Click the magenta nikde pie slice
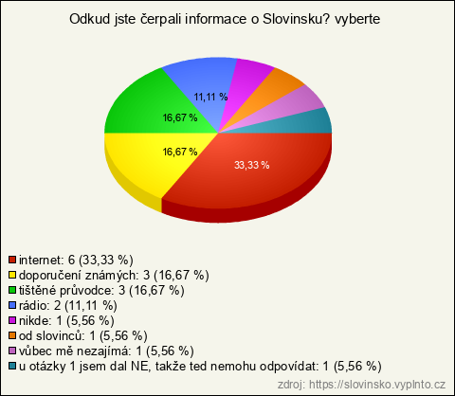click(x=244, y=82)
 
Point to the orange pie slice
click(x=272, y=92)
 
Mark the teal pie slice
click(x=303, y=123)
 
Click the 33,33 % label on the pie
click(x=252, y=165)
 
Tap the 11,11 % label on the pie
click(x=210, y=97)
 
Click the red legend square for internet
click(x=12, y=260)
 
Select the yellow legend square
click(x=12, y=275)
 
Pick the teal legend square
click(x=12, y=366)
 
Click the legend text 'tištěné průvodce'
click(x=65, y=291)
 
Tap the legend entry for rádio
click(x=68, y=306)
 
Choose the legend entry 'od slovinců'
click(x=83, y=336)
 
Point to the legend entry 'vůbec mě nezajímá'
click(x=106, y=351)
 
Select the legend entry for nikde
click(x=66, y=321)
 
